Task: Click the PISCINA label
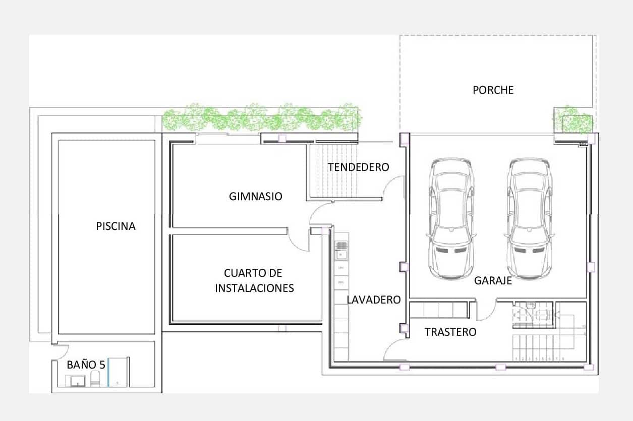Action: pyautogui.click(x=116, y=226)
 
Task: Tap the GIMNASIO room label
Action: pyautogui.click(x=255, y=197)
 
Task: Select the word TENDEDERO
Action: pyautogui.click(x=358, y=167)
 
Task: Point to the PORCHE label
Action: pyautogui.click(x=493, y=90)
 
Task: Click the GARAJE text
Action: pyautogui.click(x=493, y=281)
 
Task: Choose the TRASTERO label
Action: pyautogui.click(x=450, y=332)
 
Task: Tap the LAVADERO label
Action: pyautogui.click(x=373, y=300)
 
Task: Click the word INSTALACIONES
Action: pyautogui.click(x=254, y=288)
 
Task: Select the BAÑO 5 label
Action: pyautogui.click(x=86, y=365)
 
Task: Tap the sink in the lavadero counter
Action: pyautogui.click(x=341, y=247)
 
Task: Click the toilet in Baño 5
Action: pyautogui.click(x=95, y=379)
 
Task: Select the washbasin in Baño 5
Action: pyautogui.click(x=78, y=381)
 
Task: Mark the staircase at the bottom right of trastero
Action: pyautogui.click(x=540, y=348)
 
